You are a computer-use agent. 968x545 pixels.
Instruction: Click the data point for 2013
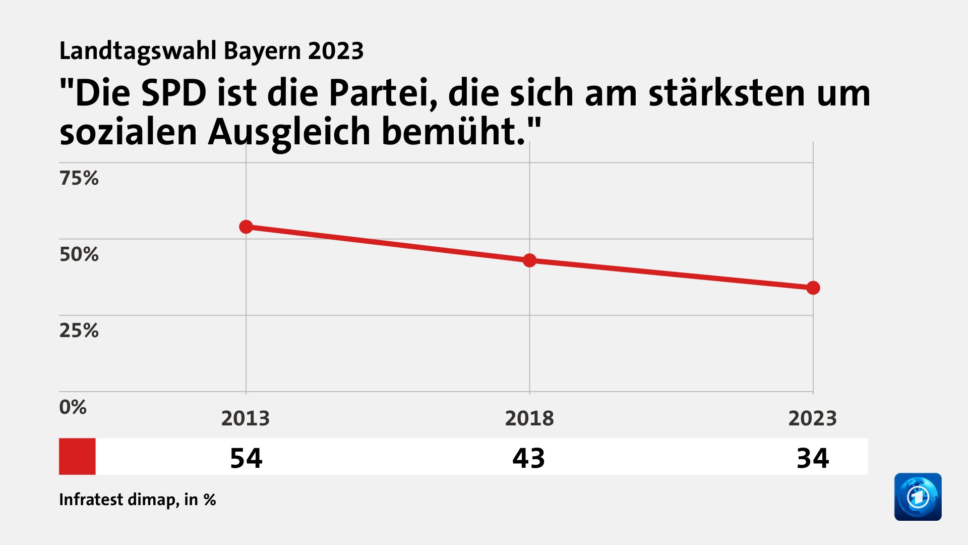coord(246,227)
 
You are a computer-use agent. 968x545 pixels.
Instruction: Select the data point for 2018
coord(529,260)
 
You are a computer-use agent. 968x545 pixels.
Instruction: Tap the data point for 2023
coord(813,288)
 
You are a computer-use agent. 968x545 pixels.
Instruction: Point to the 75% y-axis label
coord(79,178)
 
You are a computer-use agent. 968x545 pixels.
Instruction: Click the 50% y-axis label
coord(79,254)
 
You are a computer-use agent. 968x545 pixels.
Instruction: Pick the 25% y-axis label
coord(79,331)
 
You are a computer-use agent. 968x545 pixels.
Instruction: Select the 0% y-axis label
coord(73,407)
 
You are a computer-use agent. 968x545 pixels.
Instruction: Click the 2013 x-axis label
coord(246,418)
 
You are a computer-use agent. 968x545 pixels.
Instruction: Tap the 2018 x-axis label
coord(529,418)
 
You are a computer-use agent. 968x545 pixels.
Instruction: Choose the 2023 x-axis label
coord(813,418)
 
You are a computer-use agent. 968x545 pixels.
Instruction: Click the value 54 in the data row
coord(246,458)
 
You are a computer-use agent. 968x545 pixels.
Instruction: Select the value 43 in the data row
coord(529,458)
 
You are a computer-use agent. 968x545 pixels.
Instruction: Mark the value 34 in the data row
coord(813,458)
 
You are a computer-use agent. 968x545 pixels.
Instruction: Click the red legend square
coord(77,456)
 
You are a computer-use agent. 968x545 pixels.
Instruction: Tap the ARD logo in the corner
coord(918,497)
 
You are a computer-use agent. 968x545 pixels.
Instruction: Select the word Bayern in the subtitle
coord(262,51)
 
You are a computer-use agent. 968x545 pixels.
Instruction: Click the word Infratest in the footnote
coord(91,500)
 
